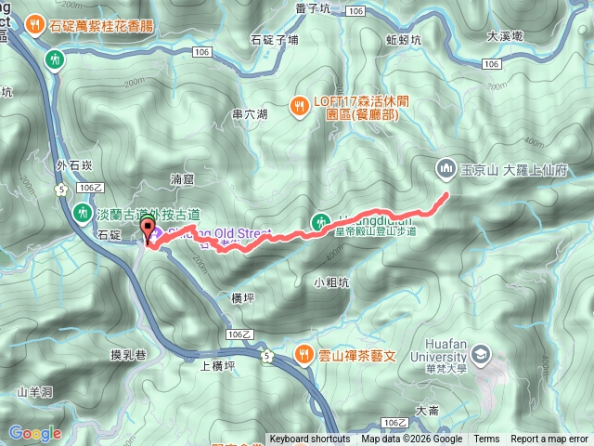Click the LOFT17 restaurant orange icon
tap(300, 105)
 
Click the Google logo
tap(34, 433)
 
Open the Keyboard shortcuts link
tap(309, 439)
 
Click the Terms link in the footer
tap(486, 439)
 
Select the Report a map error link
tap(549, 439)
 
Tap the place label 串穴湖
tap(250, 114)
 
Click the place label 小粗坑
tap(330, 282)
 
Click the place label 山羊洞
tap(32, 392)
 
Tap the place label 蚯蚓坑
tap(403, 40)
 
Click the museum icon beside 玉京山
tap(445, 168)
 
